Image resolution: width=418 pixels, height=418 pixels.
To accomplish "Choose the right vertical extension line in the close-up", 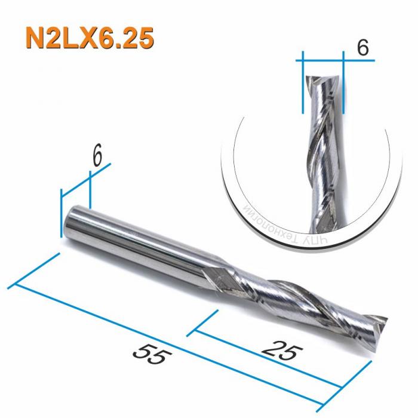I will [x=345, y=84].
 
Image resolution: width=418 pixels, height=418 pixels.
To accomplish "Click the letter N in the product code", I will [x=36, y=38].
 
